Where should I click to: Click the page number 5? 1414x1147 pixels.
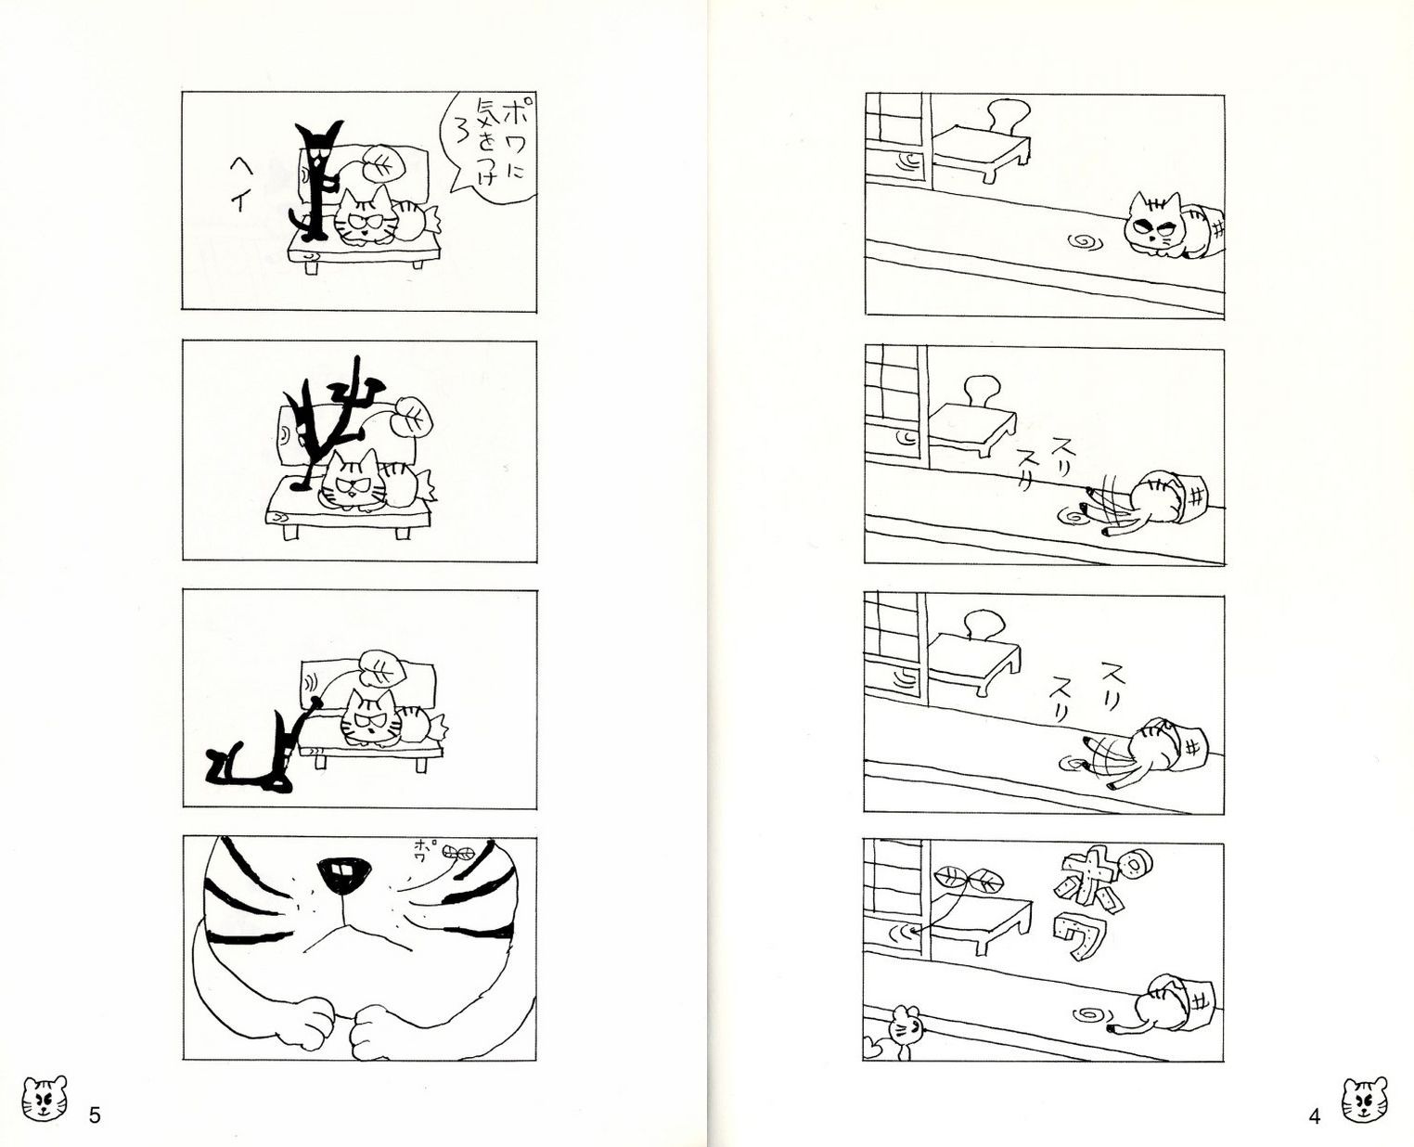pyautogui.click(x=95, y=1115)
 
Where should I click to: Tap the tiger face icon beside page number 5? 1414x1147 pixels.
pyautogui.click(x=45, y=1099)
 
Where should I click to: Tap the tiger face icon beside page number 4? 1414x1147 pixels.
pyautogui.click(x=1365, y=1100)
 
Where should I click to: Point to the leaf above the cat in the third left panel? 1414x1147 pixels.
pyautogui.click(x=382, y=669)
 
